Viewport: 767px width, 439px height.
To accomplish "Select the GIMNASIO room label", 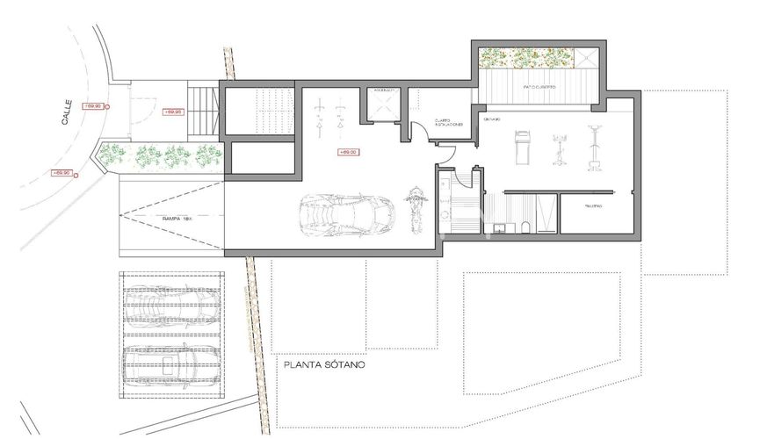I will (x=491, y=119).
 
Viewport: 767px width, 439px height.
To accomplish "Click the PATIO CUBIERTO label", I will (x=538, y=88).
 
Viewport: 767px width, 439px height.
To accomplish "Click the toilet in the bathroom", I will (x=525, y=228).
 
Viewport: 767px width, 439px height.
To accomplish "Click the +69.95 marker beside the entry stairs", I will (x=172, y=112).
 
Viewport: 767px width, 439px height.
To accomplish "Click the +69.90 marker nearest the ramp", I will (x=62, y=173).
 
